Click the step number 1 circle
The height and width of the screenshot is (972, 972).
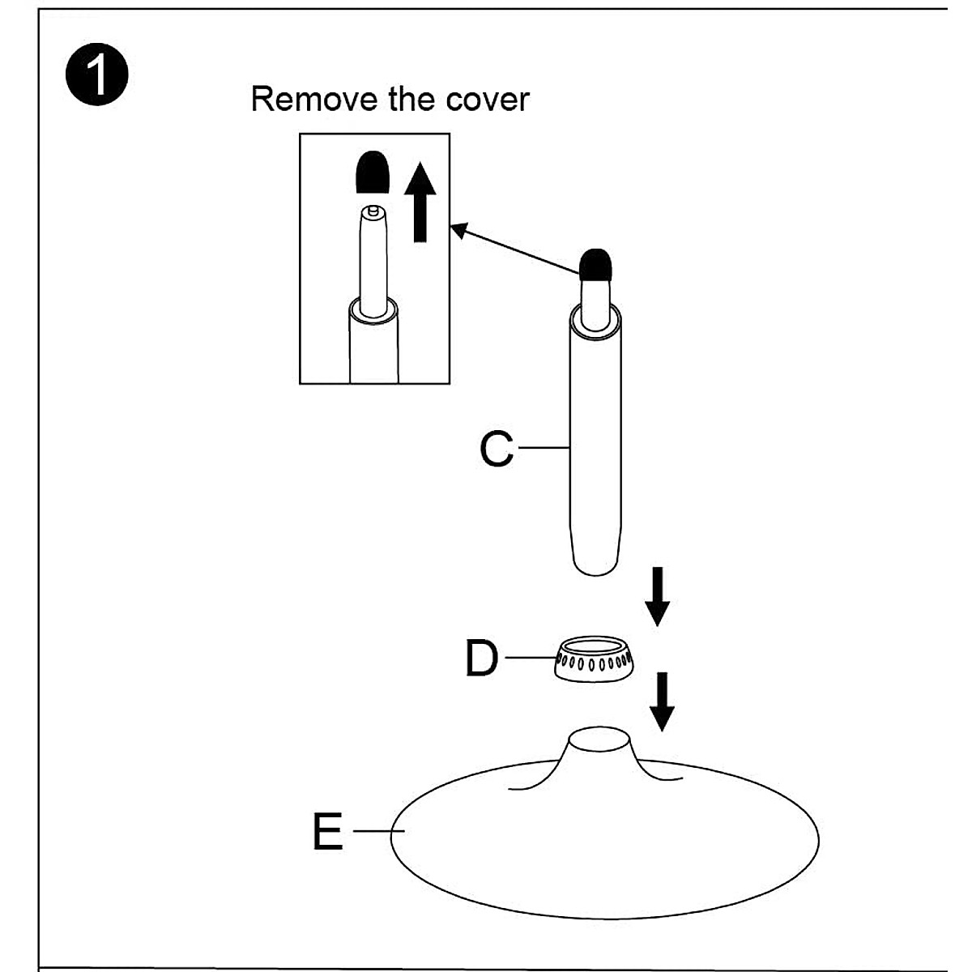[x=97, y=75]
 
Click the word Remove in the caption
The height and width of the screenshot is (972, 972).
[x=314, y=99]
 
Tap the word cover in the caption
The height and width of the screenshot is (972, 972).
[x=488, y=100]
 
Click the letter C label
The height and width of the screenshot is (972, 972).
[x=497, y=448]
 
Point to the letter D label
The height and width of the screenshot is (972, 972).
[x=482, y=658]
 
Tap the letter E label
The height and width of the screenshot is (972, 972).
[x=328, y=831]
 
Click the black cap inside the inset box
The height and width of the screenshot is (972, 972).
[x=373, y=172]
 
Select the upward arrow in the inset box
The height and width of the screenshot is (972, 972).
[x=420, y=202]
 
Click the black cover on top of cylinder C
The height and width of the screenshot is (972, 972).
[x=595, y=265]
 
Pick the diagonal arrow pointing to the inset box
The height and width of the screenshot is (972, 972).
[x=514, y=249]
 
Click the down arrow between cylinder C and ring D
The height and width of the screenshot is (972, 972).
[x=657, y=596]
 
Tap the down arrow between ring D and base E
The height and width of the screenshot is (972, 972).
[x=662, y=701]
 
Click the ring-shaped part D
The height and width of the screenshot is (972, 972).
[x=595, y=659]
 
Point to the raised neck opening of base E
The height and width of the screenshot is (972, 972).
[x=599, y=740]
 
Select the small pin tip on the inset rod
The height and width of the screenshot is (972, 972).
[x=373, y=210]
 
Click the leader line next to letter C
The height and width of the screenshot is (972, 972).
[x=544, y=447]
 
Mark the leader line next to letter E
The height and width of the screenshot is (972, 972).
[x=379, y=831]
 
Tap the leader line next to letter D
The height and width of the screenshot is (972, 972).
[x=531, y=657]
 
